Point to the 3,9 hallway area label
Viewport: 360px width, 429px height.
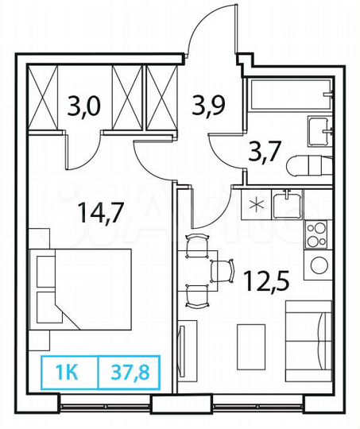tap(208, 104)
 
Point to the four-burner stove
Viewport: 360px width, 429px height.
tap(316, 236)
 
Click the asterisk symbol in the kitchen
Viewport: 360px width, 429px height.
tap(255, 204)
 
